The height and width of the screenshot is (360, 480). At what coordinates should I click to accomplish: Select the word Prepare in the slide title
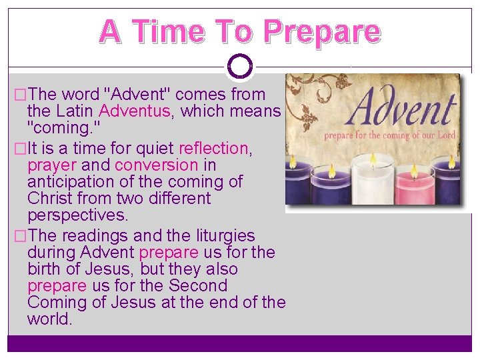[x=321, y=31]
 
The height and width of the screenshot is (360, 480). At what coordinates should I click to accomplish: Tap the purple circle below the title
[x=239, y=67]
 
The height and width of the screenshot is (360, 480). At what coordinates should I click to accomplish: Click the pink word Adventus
[x=134, y=111]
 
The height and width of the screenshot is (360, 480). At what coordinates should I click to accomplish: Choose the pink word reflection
[x=213, y=148]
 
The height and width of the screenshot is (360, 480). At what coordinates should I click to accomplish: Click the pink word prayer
[x=52, y=165]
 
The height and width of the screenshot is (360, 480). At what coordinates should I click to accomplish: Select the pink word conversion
[x=157, y=165]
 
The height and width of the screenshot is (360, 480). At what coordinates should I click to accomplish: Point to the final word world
[x=49, y=319]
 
